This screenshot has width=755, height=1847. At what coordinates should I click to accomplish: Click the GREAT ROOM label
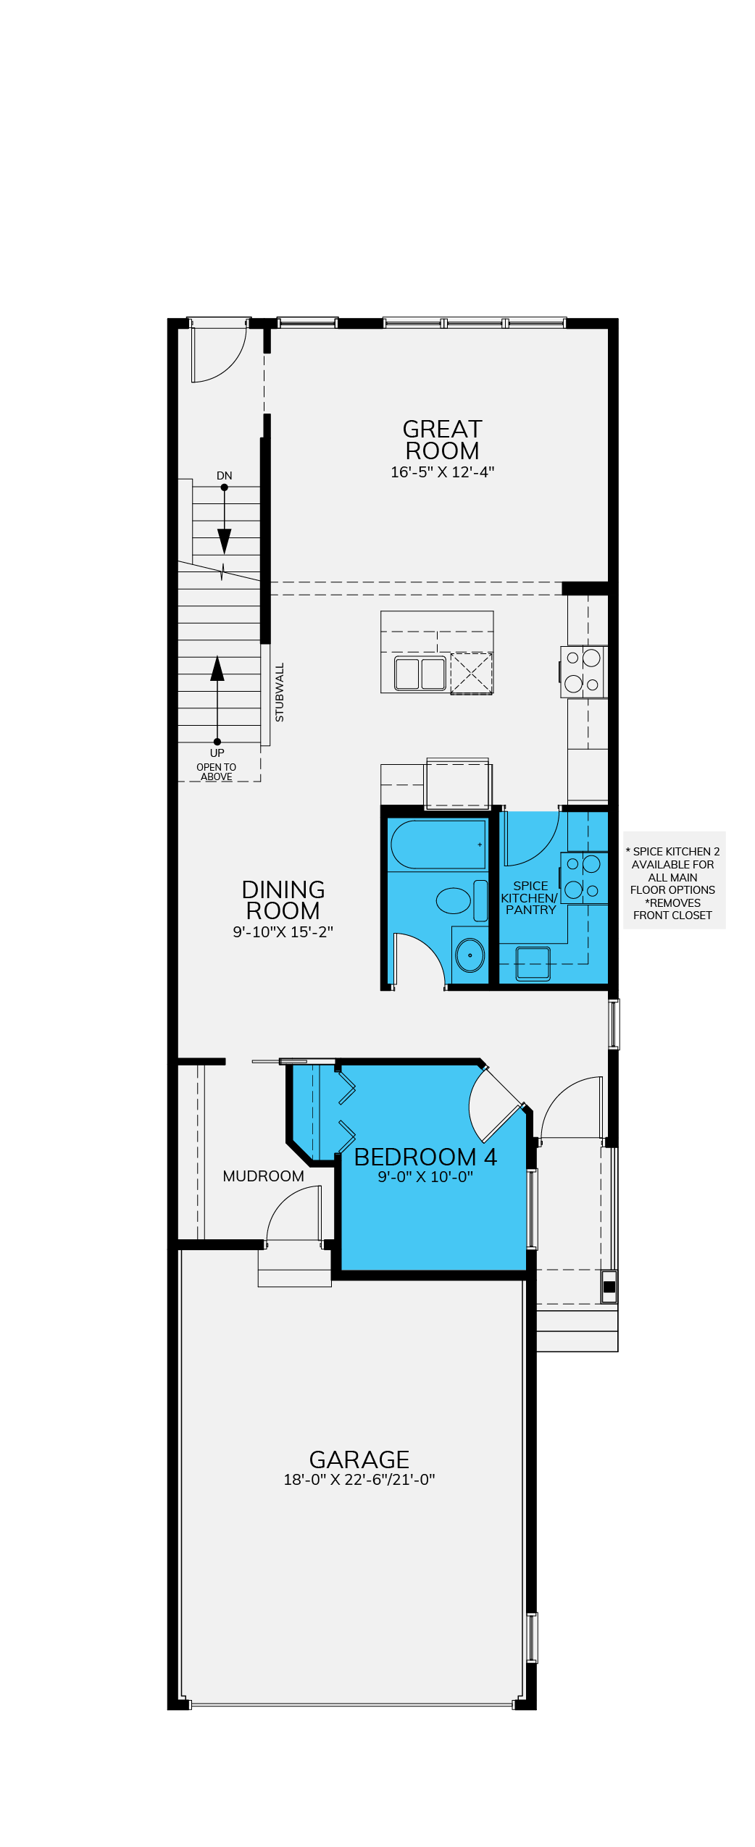pyautogui.click(x=442, y=440)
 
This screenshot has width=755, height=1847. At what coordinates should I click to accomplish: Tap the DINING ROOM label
pyautogui.click(x=283, y=900)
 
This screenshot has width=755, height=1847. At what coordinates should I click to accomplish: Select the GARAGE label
pyautogui.click(x=359, y=1459)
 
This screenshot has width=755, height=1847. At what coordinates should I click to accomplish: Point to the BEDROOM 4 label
pyautogui.click(x=425, y=1157)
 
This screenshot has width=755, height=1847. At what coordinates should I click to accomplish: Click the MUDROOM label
pyautogui.click(x=263, y=1176)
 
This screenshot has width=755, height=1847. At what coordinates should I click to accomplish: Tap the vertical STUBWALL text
pyautogui.click(x=280, y=692)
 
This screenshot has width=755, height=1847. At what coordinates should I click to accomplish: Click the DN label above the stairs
pyautogui.click(x=225, y=476)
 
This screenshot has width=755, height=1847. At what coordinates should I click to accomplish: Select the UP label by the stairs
pyautogui.click(x=217, y=753)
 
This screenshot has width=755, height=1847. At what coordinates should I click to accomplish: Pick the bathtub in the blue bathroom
pyautogui.click(x=438, y=844)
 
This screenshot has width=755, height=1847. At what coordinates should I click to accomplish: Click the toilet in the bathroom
pyautogui.click(x=462, y=900)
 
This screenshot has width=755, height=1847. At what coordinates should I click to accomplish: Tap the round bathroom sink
pyautogui.click(x=470, y=955)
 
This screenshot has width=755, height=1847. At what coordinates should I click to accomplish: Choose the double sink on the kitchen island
pyautogui.click(x=420, y=674)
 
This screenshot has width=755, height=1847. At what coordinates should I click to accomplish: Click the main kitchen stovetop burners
pyautogui.click(x=583, y=671)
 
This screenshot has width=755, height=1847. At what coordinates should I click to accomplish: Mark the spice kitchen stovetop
pyautogui.click(x=583, y=877)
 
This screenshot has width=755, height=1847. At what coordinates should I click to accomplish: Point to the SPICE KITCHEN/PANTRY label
pyautogui.click(x=530, y=898)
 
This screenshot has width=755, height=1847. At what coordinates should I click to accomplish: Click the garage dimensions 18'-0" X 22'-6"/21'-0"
pyautogui.click(x=359, y=1480)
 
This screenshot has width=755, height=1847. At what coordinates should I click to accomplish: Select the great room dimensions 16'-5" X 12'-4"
pyautogui.click(x=442, y=472)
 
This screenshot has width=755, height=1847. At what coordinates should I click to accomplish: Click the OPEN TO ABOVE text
pyautogui.click(x=216, y=772)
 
